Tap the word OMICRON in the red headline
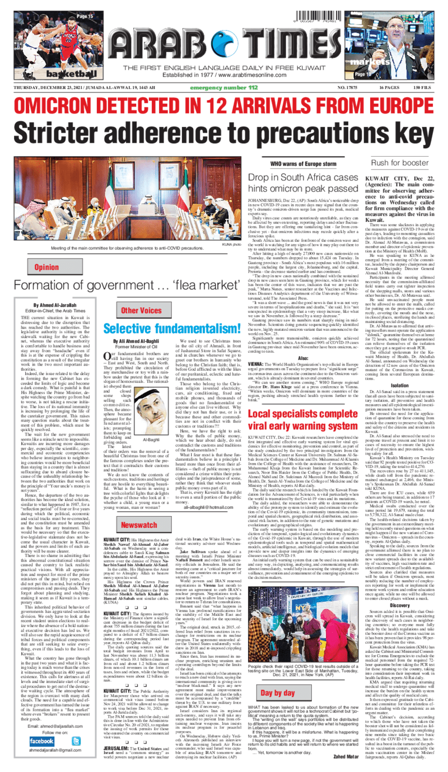[x=62, y=105]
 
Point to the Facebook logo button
[x=42, y=740]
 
